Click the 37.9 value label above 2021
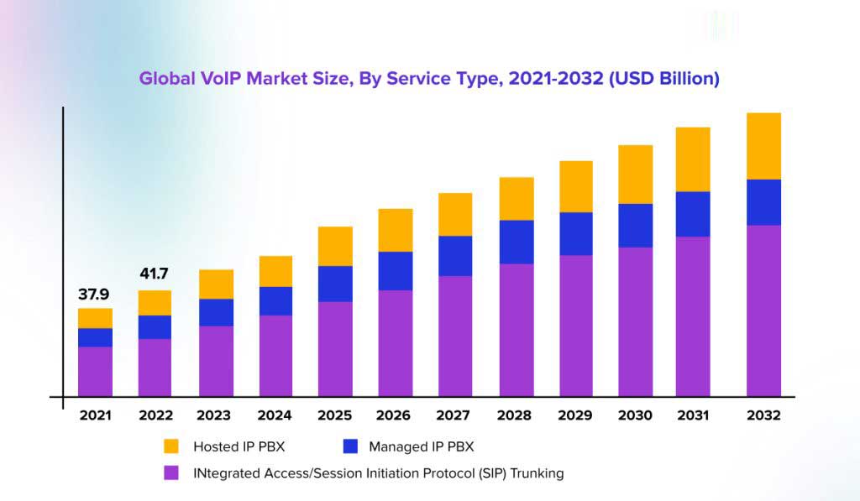click(x=95, y=295)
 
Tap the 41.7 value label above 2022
click(x=155, y=274)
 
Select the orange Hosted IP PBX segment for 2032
click(x=763, y=146)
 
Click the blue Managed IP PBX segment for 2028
click(x=517, y=242)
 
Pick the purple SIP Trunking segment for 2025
click(x=335, y=348)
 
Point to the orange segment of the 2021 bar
click(x=95, y=318)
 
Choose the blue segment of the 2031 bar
click(x=693, y=214)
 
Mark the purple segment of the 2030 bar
click(x=635, y=321)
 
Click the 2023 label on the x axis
click(x=214, y=415)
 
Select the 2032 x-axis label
click(x=763, y=415)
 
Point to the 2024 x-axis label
click(x=275, y=415)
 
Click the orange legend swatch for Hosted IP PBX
click(x=171, y=446)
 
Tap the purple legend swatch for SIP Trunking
click(x=171, y=473)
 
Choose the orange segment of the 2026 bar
click(x=396, y=230)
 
